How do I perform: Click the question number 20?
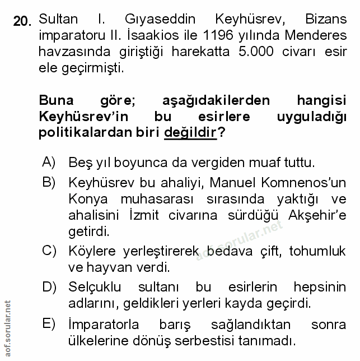[23, 22]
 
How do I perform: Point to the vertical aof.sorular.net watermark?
[7, 327]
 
